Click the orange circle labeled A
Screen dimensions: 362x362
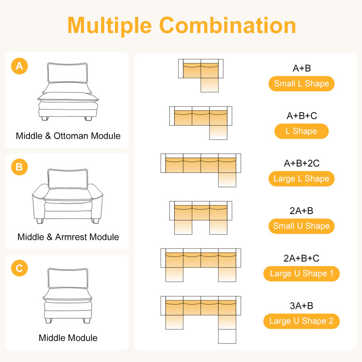tap(19, 66)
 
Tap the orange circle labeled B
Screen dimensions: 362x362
tap(19, 167)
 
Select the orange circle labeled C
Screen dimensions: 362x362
tap(19, 268)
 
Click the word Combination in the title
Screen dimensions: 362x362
tap(228, 25)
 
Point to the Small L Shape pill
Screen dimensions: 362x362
tap(301, 84)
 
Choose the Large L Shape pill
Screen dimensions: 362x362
tap(301, 179)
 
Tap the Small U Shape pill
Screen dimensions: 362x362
tap(301, 226)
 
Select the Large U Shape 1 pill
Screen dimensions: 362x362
tap(301, 274)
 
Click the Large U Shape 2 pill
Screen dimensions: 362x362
tap(301, 321)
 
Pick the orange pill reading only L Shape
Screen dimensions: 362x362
tap(301, 131)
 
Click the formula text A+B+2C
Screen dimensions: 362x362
tap(301, 163)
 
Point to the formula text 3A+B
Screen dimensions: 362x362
tap(301, 306)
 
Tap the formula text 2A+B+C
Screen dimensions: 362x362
tap(301, 258)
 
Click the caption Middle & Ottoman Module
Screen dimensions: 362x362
tap(68, 136)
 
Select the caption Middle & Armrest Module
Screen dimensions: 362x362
tap(68, 237)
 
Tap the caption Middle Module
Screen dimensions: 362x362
tap(68, 338)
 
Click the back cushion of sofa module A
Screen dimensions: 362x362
tap(67, 73)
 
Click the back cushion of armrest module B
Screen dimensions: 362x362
tap(68, 179)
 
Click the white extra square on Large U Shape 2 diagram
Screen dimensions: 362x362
tap(227, 336)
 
